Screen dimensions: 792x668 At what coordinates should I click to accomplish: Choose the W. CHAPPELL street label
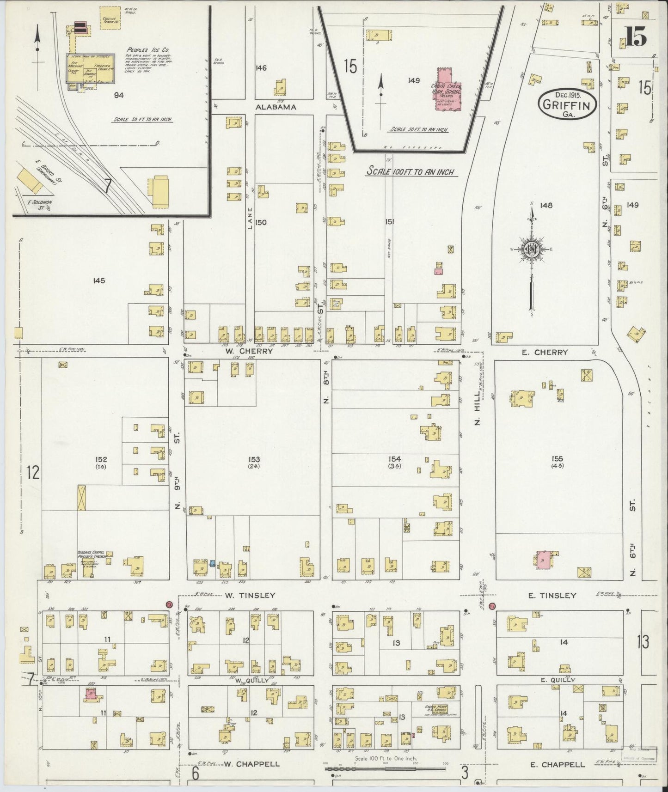pyautogui.click(x=251, y=764)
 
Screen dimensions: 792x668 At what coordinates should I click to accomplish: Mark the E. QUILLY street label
pyautogui.click(x=558, y=680)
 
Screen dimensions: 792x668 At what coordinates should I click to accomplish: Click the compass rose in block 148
pyautogui.click(x=532, y=250)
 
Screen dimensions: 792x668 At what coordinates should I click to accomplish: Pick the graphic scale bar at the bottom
pyautogui.click(x=385, y=769)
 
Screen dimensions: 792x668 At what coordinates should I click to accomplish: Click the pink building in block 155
pyautogui.click(x=544, y=560)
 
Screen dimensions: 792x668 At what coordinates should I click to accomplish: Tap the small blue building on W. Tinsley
pyautogui.click(x=212, y=563)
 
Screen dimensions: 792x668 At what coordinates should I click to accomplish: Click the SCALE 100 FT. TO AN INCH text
pyautogui.click(x=410, y=171)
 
